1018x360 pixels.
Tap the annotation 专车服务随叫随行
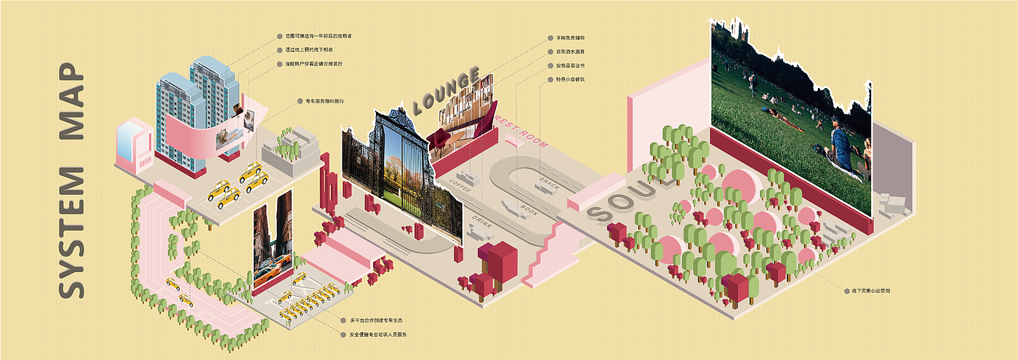pos(321,100)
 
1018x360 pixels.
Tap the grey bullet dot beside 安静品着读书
pos(549,65)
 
